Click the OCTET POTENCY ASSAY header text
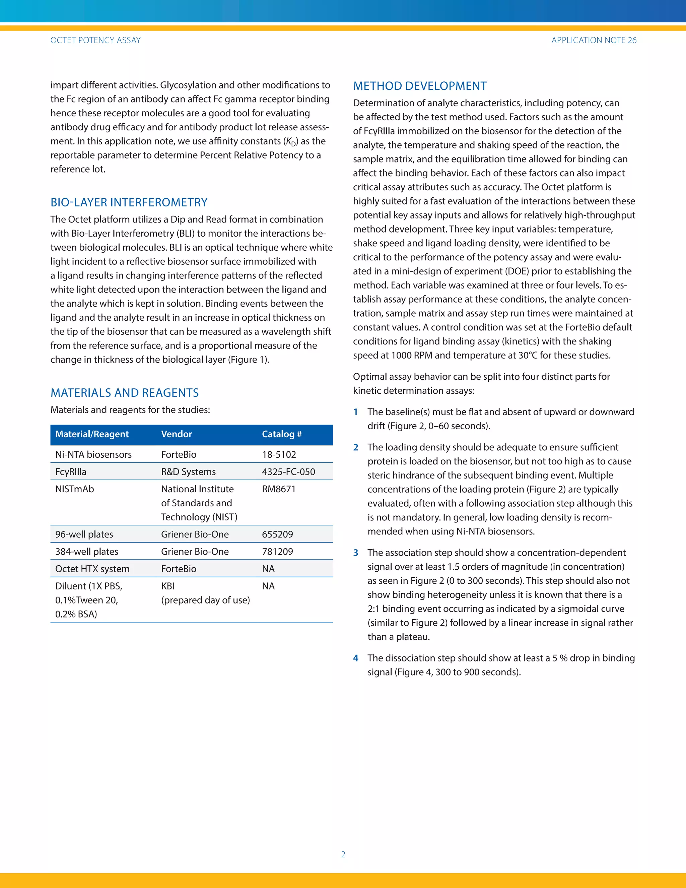95,40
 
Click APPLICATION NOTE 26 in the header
594,40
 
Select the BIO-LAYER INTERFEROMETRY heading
129,202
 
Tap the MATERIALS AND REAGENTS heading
124,393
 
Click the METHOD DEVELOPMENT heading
420,86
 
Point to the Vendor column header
177,434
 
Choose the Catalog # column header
282,434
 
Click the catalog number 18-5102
279,455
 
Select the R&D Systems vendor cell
188,472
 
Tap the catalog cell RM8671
278,489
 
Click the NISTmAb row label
74,489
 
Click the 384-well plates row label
86,552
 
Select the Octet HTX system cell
92,569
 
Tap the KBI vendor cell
168,586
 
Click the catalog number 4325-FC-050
288,472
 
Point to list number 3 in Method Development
356,553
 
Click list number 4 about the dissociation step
356,658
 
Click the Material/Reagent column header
92,434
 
